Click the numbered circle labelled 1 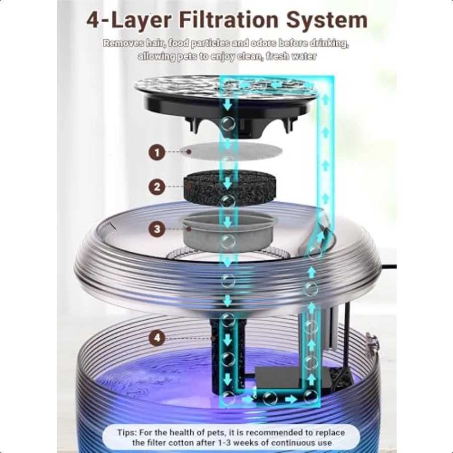click(x=157, y=152)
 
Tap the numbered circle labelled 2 click(x=157, y=187)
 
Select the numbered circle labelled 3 click(x=157, y=229)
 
